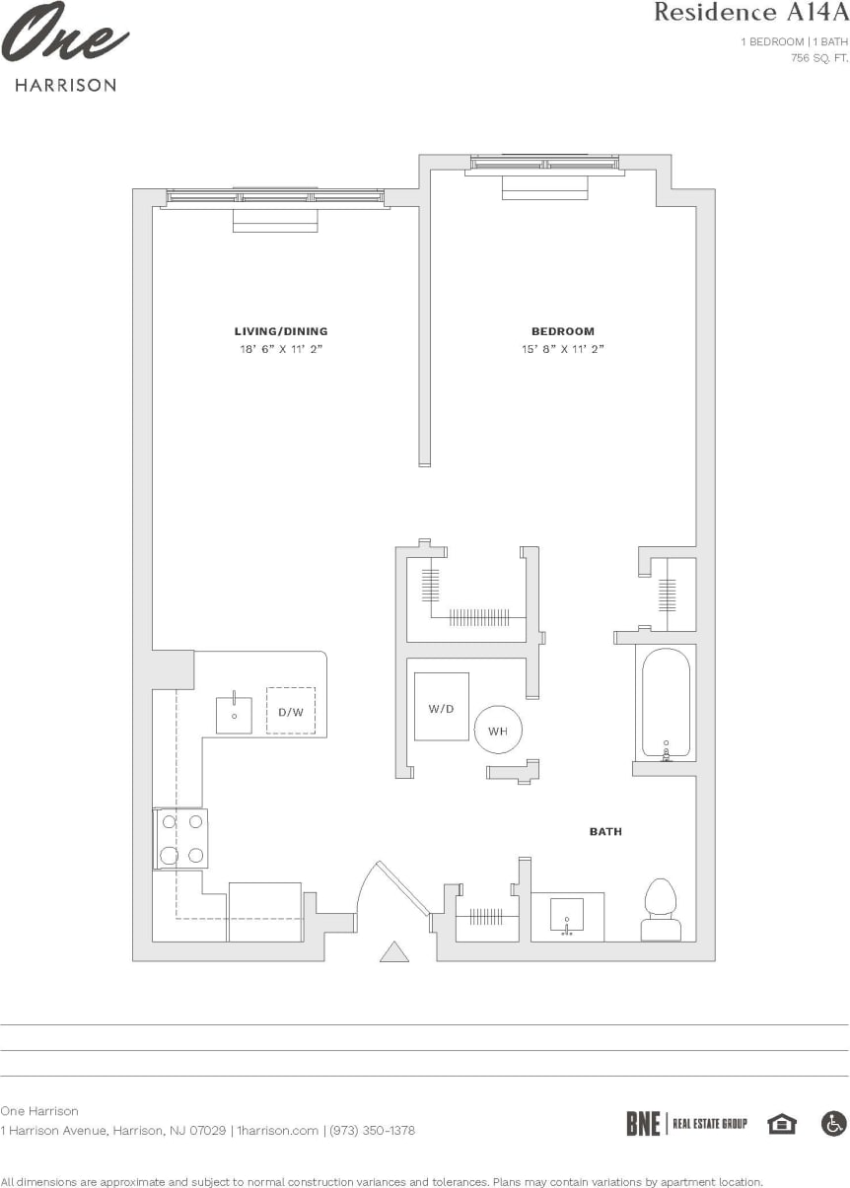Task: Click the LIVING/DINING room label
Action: click(281, 331)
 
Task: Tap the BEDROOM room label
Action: click(563, 331)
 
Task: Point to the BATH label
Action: click(605, 832)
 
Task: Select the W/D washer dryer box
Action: click(441, 707)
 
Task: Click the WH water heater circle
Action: click(498, 731)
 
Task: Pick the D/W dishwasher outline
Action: click(291, 711)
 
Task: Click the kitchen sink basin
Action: click(235, 715)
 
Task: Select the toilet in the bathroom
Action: click(661, 910)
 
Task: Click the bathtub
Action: click(667, 702)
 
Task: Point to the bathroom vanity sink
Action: click(567, 917)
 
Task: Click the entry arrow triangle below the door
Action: click(394, 951)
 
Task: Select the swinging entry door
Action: click(399, 888)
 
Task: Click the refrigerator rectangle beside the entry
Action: click(264, 912)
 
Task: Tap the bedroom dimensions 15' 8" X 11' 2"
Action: click(563, 349)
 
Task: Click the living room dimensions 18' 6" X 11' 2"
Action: click(281, 349)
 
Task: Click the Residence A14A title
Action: click(749, 13)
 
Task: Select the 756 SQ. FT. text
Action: click(819, 58)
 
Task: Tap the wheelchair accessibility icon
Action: click(833, 1123)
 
